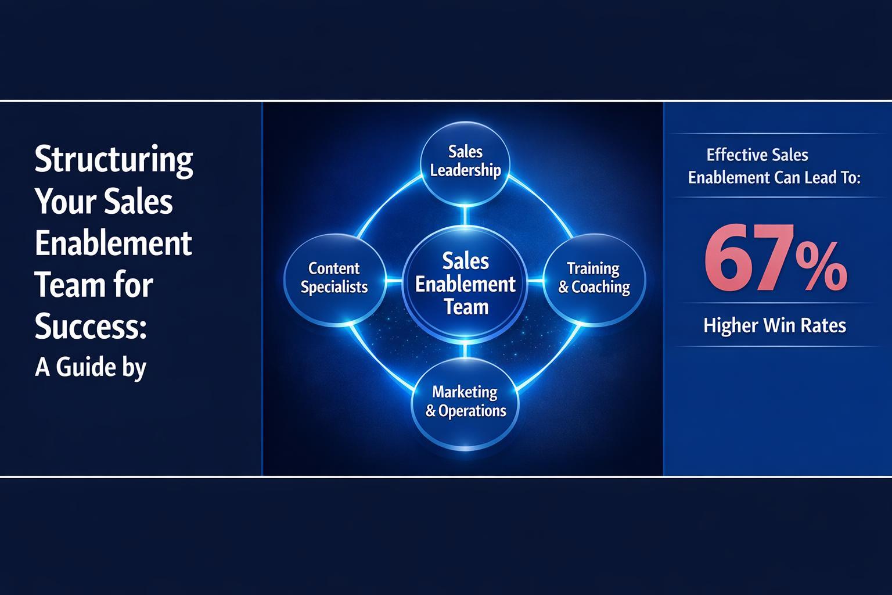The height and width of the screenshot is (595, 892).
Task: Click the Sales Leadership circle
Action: pyautogui.click(x=465, y=162)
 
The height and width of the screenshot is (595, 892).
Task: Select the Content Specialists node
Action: pyautogui.click(x=334, y=278)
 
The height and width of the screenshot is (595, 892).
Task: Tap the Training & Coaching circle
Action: pyautogui.click(x=594, y=278)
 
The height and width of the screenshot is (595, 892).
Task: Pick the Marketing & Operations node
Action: pyautogui.click(x=465, y=402)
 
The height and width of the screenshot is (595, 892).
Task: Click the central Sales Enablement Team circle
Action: pyautogui.click(x=465, y=284)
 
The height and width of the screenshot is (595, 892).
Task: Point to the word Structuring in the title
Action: pyautogui.click(x=114, y=159)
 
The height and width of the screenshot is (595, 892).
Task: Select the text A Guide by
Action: pyautogui.click(x=91, y=367)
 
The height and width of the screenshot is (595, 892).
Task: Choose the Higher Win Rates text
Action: pyautogui.click(x=774, y=325)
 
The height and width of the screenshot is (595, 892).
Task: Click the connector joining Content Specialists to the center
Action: pyautogui.click(x=394, y=281)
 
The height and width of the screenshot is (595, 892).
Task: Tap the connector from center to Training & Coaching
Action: pyautogui.click(x=535, y=281)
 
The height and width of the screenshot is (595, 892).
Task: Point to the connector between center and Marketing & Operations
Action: pyautogui.click(x=465, y=350)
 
